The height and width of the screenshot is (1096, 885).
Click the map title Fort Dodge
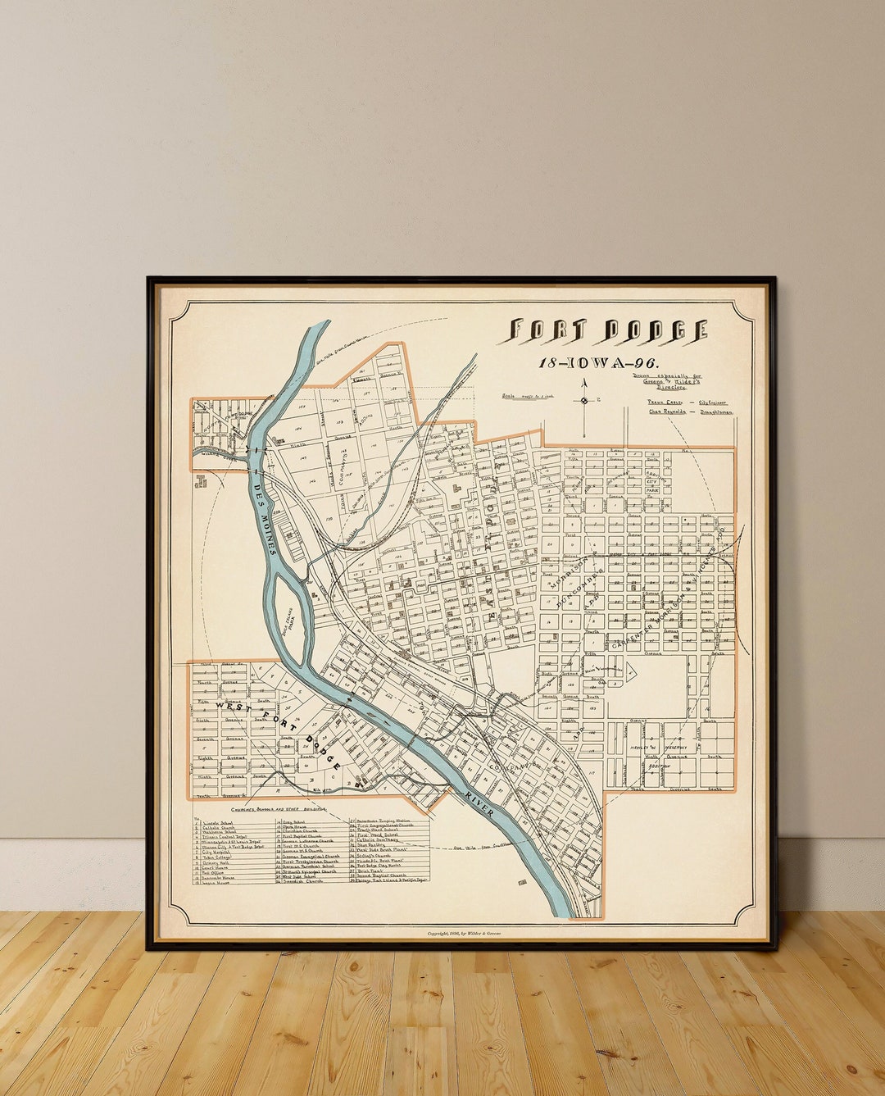(x=607, y=330)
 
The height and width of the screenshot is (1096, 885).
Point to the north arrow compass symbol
(x=583, y=401)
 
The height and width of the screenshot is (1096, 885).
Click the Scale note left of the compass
(x=528, y=397)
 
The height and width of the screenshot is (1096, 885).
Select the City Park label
(x=653, y=485)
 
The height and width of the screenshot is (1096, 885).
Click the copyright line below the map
(x=464, y=933)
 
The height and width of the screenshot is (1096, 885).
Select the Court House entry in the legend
(x=216, y=866)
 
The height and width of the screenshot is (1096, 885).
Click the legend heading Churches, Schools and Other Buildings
(x=266, y=808)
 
